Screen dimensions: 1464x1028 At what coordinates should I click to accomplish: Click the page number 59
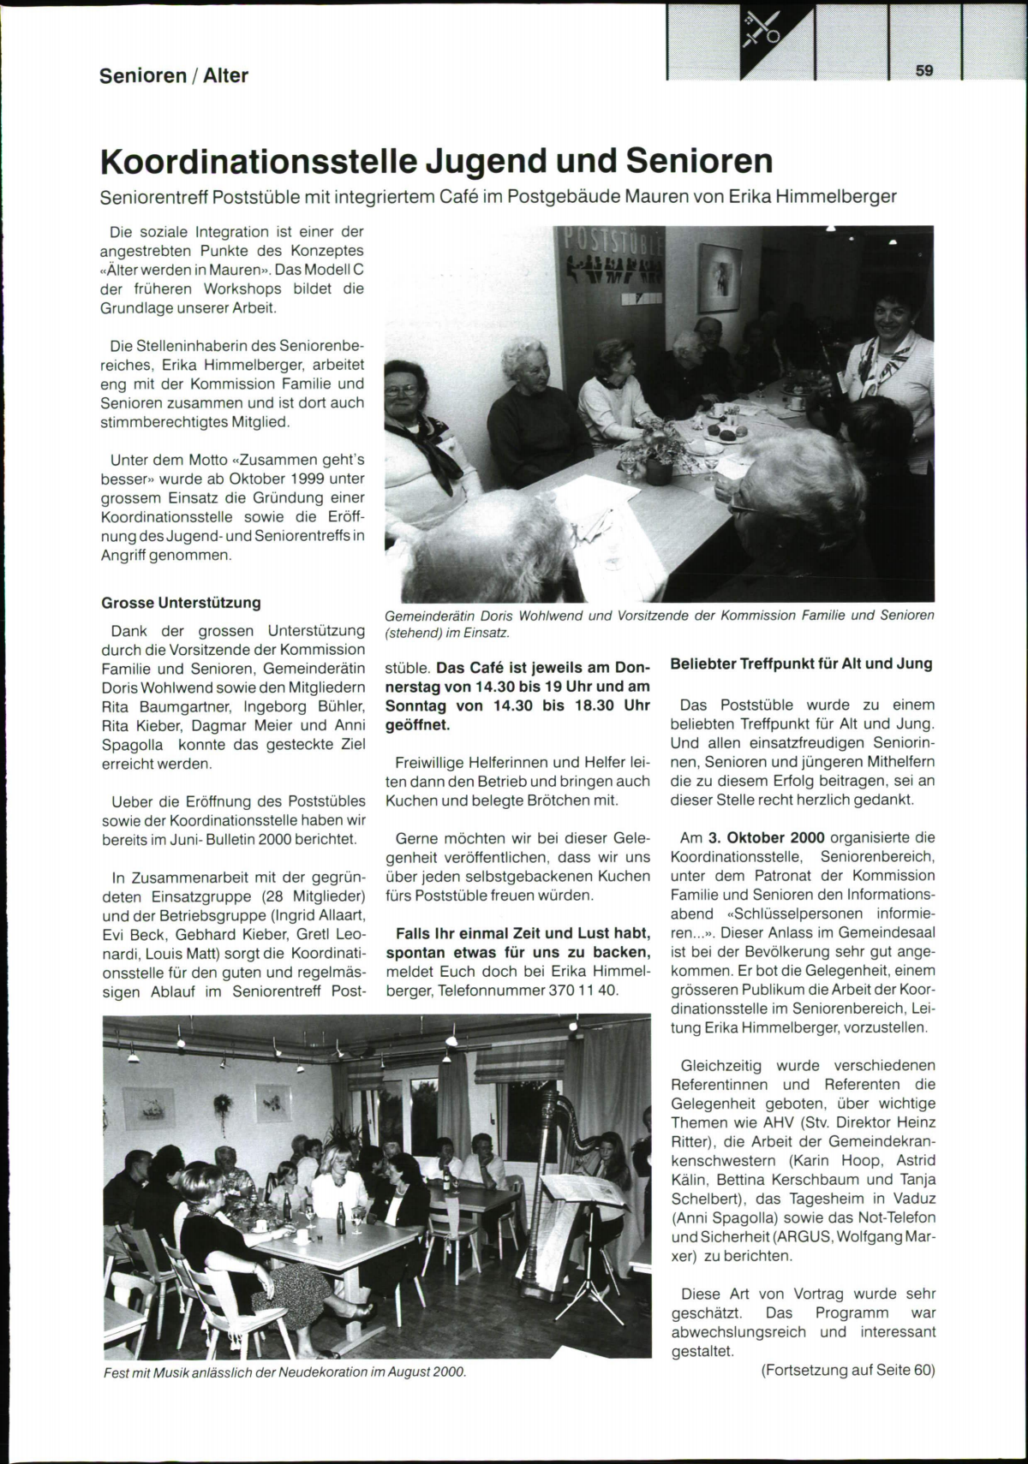(923, 70)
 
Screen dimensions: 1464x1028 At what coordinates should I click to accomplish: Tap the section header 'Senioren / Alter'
(174, 75)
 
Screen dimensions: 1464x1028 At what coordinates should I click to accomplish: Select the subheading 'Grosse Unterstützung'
(181, 603)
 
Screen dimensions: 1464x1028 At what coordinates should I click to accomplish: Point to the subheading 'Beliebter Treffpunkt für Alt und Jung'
(801, 664)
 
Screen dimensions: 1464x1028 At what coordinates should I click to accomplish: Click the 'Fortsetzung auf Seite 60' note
(847, 1370)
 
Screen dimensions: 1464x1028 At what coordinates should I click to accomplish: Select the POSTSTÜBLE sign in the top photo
(610, 248)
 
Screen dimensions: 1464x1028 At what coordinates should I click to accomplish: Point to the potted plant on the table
(655, 449)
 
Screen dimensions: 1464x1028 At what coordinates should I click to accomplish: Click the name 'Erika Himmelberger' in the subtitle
(812, 196)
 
